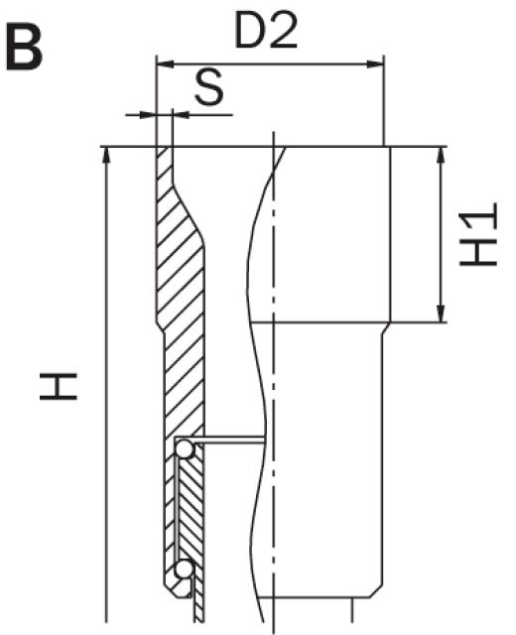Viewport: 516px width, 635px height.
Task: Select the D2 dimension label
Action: (266, 31)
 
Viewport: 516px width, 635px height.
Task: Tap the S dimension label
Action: (208, 86)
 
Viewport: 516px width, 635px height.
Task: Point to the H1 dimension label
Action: (478, 234)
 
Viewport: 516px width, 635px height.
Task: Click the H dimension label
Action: (59, 386)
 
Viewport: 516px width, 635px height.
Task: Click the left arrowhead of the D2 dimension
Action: (165, 63)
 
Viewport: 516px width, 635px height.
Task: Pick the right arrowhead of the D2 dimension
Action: (375, 63)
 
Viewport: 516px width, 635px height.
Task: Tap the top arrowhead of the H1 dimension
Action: (441, 155)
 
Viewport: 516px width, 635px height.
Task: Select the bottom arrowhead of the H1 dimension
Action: (441, 314)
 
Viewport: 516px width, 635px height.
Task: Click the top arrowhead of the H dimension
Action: (106, 155)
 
